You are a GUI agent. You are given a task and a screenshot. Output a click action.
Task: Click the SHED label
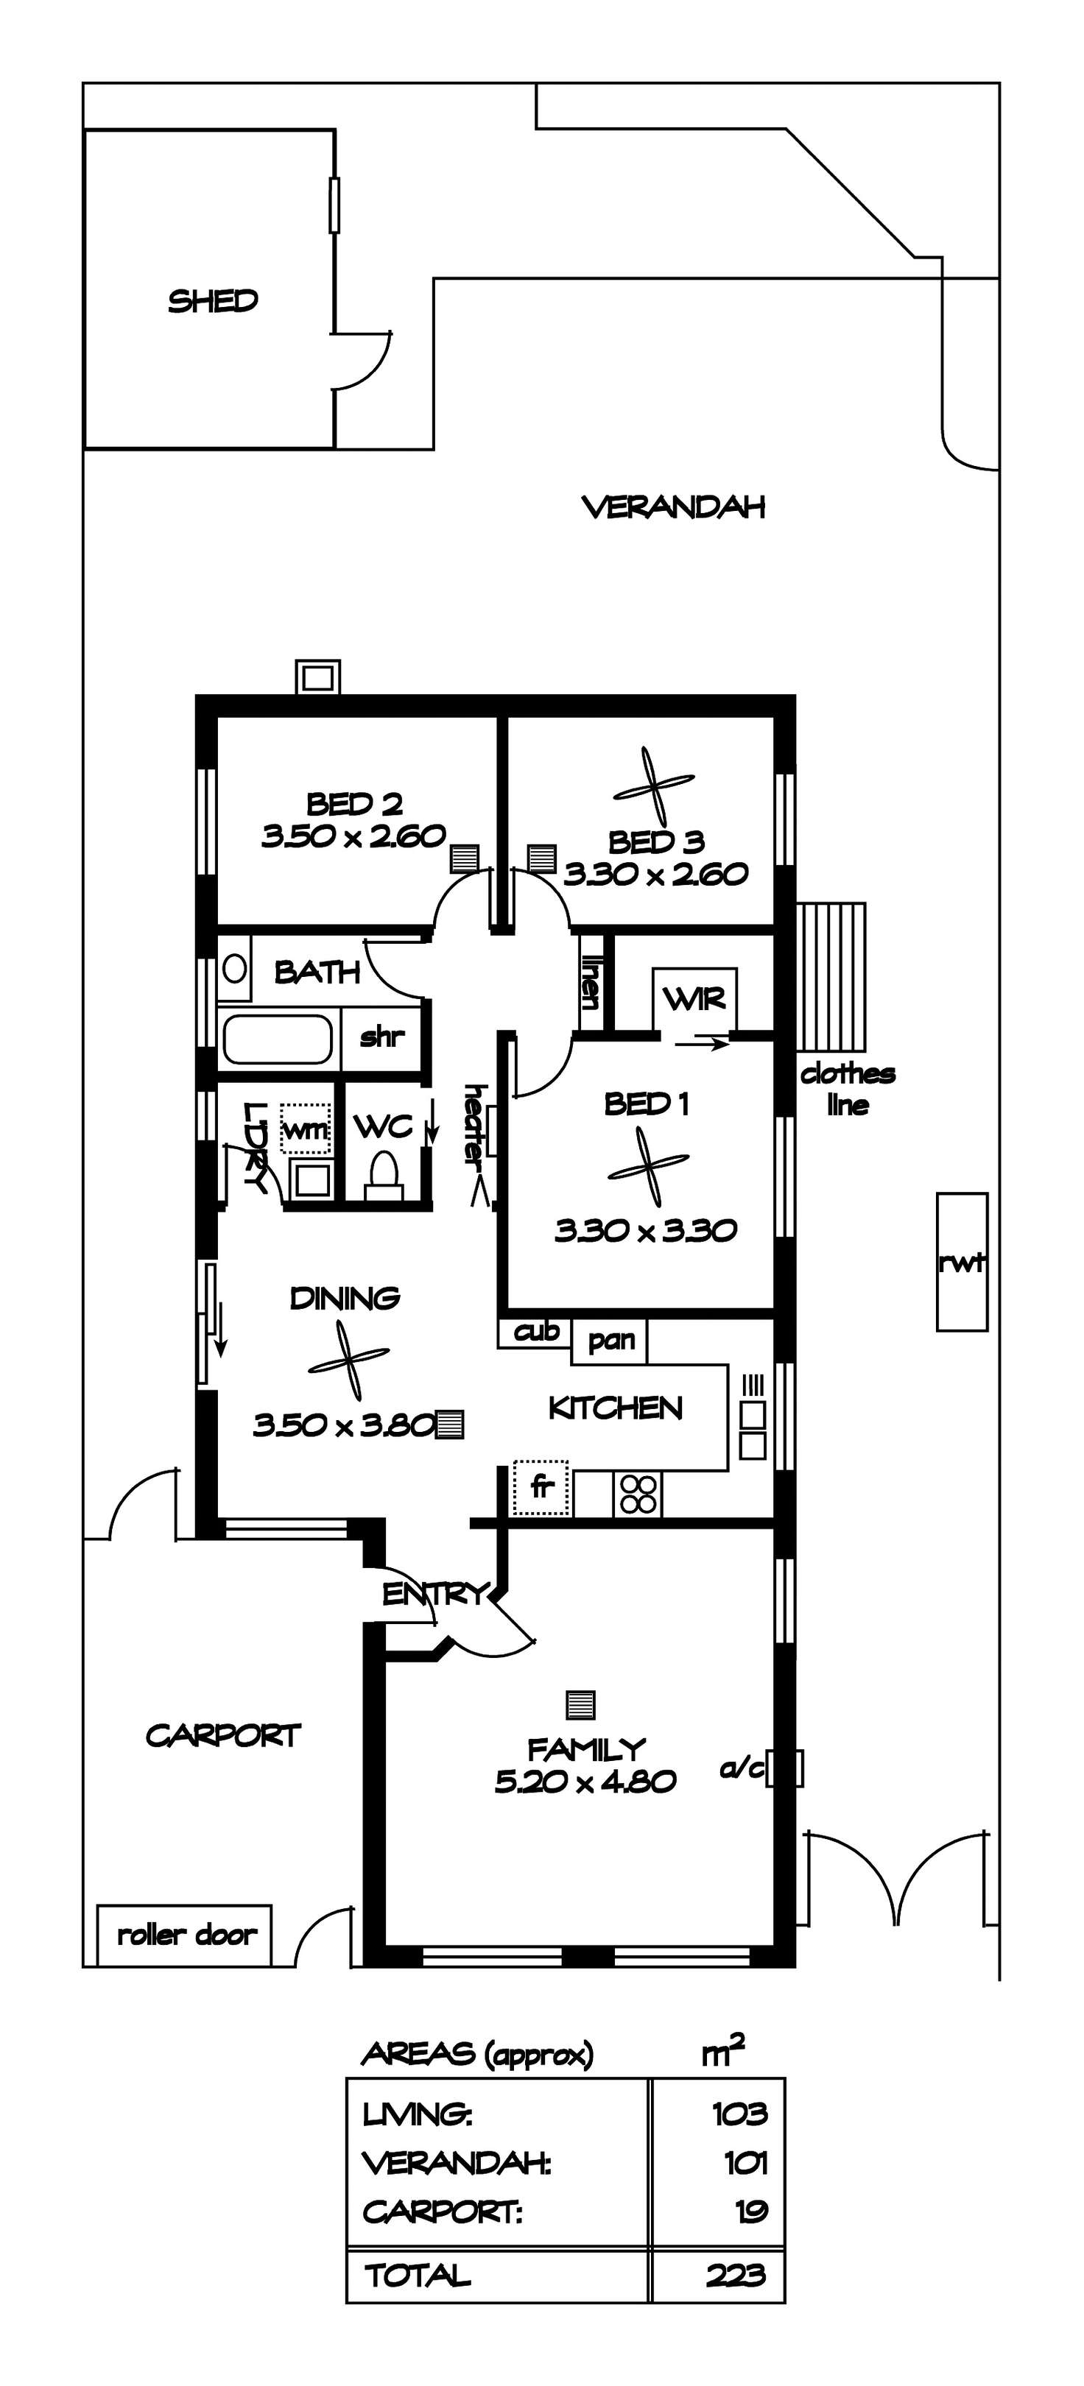213,301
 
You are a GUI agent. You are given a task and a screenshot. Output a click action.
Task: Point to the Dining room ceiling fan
348,1360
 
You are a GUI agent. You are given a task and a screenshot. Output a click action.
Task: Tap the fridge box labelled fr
542,1489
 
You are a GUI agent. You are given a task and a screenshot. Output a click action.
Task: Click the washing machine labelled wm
305,1128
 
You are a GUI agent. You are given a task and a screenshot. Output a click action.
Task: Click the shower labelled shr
381,1037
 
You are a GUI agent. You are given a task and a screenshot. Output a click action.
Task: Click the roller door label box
184,1935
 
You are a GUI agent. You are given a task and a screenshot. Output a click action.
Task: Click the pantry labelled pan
610,1341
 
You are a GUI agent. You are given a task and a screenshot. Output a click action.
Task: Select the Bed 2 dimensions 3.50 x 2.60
354,836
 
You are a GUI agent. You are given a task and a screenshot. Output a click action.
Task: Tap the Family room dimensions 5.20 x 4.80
585,1781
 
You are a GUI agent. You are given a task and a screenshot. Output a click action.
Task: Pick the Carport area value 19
751,2211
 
